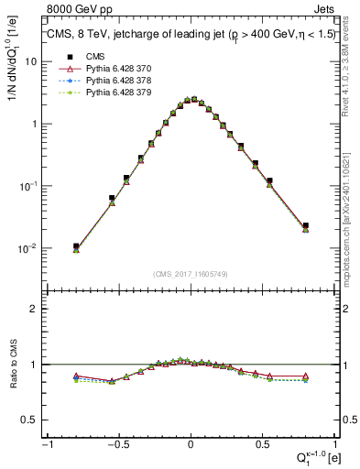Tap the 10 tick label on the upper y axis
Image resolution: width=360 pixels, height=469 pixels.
(30, 61)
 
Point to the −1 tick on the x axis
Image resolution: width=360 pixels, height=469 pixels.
(47, 443)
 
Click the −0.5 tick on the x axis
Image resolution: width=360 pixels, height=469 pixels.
(117, 443)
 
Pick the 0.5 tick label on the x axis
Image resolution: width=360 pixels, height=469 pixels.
(263, 443)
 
